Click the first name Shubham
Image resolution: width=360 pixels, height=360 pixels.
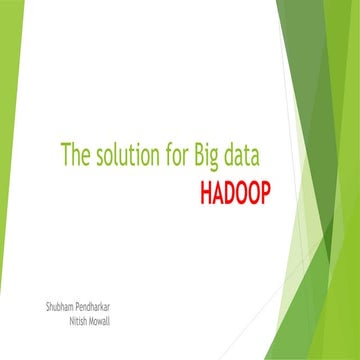coord(50,301)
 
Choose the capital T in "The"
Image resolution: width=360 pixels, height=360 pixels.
coord(66,156)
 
